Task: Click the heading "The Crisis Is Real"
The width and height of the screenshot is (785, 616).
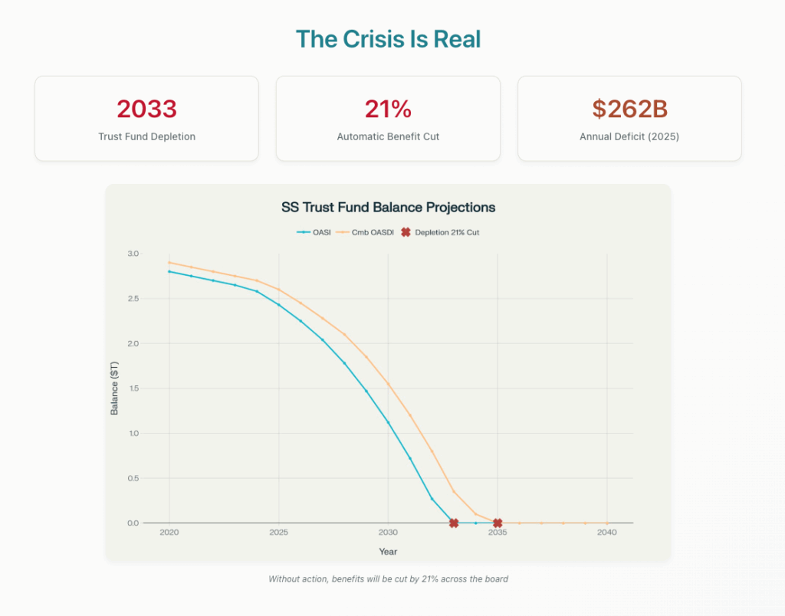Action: (388, 39)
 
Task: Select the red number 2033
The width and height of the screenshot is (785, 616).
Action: (146, 110)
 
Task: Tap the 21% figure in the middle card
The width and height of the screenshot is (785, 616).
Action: (388, 110)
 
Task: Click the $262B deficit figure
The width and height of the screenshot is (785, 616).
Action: (629, 110)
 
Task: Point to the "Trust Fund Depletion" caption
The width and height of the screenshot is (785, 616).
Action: (146, 137)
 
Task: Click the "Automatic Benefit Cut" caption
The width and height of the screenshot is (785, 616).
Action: (388, 137)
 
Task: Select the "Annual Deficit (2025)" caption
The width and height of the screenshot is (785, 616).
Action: (629, 137)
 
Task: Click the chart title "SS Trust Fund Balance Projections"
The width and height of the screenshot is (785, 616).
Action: (388, 208)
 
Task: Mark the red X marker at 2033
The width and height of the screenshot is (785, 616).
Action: (454, 523)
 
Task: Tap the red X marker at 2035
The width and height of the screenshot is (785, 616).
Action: (498, 523)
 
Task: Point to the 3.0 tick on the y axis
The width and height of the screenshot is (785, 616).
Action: (133, 254)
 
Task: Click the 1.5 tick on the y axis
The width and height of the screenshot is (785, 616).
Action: (133, 388)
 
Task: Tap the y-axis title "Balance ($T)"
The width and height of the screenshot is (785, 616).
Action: (115, 388)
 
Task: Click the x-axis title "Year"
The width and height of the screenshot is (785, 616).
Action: (388, 552)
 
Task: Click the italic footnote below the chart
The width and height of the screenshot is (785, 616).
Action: (388, 579)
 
